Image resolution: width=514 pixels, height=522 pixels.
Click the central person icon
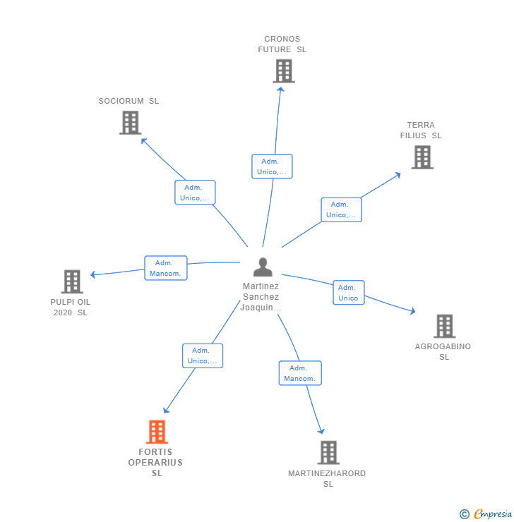pyautogui.click(x=263, y=267)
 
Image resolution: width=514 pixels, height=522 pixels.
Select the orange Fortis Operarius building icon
pyautogui.click(x=157, y=432)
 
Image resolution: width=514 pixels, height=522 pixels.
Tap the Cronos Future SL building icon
pyautogui.click(x=283, y=71)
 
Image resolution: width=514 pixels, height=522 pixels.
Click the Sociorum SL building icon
pyautogui.click(x=130, y=123)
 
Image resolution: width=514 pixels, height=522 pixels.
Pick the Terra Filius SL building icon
pyautogui.click(x=422, y=157)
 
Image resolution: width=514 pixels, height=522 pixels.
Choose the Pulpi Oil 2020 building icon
pyautogui.click(x=71, y=281)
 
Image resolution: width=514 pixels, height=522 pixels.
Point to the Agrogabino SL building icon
pyautogui.click(x=444, y=326)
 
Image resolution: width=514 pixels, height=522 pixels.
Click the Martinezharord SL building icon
pyautogui.click(x=328, y=452)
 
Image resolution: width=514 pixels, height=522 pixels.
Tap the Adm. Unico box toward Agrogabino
pyautogui.click(x=349, y=293)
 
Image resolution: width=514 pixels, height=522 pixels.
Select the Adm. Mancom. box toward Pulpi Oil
pyautogui.click(x=166, y=268)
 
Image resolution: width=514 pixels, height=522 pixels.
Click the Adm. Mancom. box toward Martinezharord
pyautogui.click(x=300, y=373)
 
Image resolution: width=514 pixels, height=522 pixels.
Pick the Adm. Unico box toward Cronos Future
pyautogui.click(x=272, y=166)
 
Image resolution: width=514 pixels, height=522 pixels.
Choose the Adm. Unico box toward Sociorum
pyautogui.click(x=195, y=193)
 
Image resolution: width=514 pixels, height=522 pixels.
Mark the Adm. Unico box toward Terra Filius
pyautogui.click(x=341, y=210)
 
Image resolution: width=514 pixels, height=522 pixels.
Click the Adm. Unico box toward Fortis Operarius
pyautogui.click(x=203, y=356)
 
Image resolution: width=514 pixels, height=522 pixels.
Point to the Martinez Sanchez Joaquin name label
pyautogui.click(x=261, y=297)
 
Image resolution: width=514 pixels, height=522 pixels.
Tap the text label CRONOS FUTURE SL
pyautogui.click(x=282, y=44)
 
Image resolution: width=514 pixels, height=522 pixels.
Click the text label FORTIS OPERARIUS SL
pyautogui.click(x=156, y=463)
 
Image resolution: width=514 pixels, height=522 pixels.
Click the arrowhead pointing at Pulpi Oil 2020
pyautogui.click(x=92, y=274)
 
